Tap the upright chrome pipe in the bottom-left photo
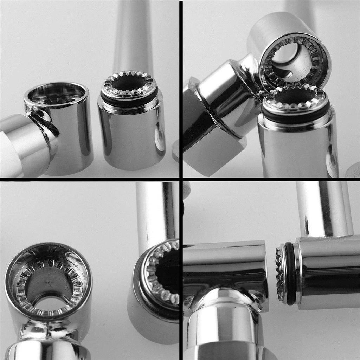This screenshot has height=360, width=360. click(155, 211)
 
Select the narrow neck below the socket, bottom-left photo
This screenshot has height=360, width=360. click(46, 330)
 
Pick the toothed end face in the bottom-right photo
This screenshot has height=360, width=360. click(280, 274)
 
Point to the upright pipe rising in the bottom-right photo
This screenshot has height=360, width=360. click(323, 207)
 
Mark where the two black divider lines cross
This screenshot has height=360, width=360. click(181, 179)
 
